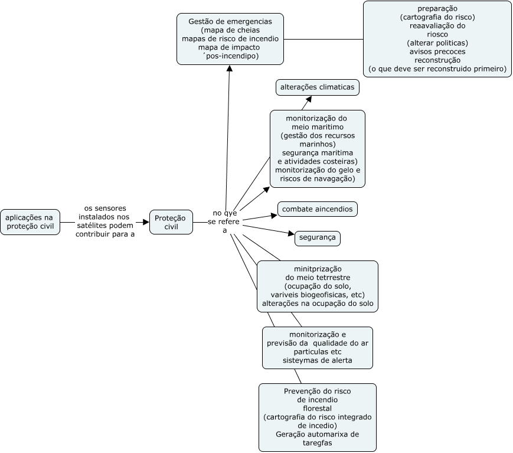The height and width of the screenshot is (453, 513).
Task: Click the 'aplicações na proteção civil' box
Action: click(30, 222)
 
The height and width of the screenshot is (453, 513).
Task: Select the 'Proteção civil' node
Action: click(171, 222)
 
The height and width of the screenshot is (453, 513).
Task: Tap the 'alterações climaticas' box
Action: click(318, 87)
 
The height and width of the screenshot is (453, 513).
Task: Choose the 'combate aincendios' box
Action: click(318, 209)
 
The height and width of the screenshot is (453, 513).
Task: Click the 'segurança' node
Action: click(318, 238)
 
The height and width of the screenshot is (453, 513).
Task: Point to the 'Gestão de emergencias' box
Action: click(230, 39)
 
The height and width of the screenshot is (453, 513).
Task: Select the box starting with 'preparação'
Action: click(437, 39)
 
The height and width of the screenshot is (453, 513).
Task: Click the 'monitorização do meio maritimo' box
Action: click(318, 149)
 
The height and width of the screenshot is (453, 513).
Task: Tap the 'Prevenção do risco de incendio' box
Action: click(318, 418)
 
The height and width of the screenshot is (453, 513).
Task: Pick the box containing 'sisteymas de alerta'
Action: click(318, 348)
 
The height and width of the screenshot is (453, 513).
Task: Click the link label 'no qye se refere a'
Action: click(224, 222)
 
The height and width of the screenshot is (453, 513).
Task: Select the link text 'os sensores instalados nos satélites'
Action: click(105, 217)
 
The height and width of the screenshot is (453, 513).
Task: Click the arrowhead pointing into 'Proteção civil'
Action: click(146, 222)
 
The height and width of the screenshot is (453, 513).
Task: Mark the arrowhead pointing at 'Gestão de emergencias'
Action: click(230, 69)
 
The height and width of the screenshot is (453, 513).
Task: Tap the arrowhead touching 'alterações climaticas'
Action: click(309, 99)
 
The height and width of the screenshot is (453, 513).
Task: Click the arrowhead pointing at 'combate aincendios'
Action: click(274, 216)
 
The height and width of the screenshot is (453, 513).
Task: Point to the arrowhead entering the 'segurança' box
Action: click(291, 233)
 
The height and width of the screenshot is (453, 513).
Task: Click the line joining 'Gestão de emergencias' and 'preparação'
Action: click(324, 40)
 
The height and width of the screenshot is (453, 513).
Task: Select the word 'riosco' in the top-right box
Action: click(437, 34)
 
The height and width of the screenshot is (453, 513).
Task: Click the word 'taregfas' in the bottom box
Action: click(318, 443)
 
